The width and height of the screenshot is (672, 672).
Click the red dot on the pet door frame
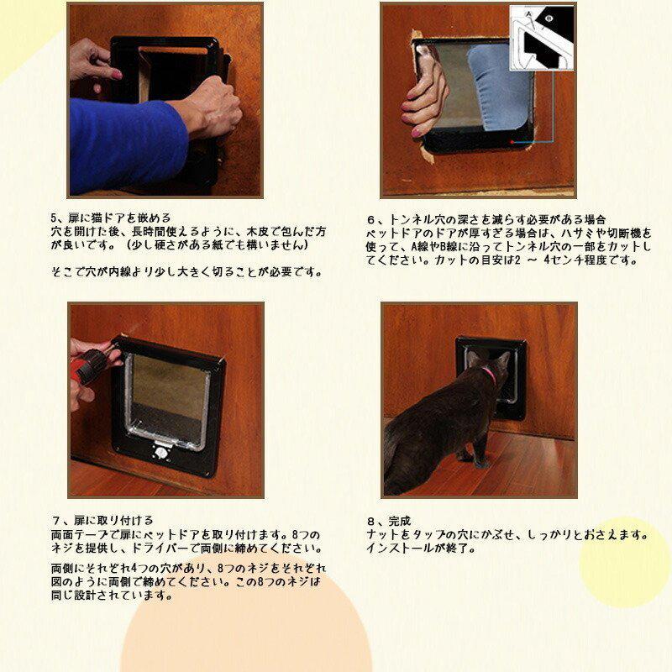tap(510, 143)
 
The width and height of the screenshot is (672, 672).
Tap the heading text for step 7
tap(107, 521)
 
